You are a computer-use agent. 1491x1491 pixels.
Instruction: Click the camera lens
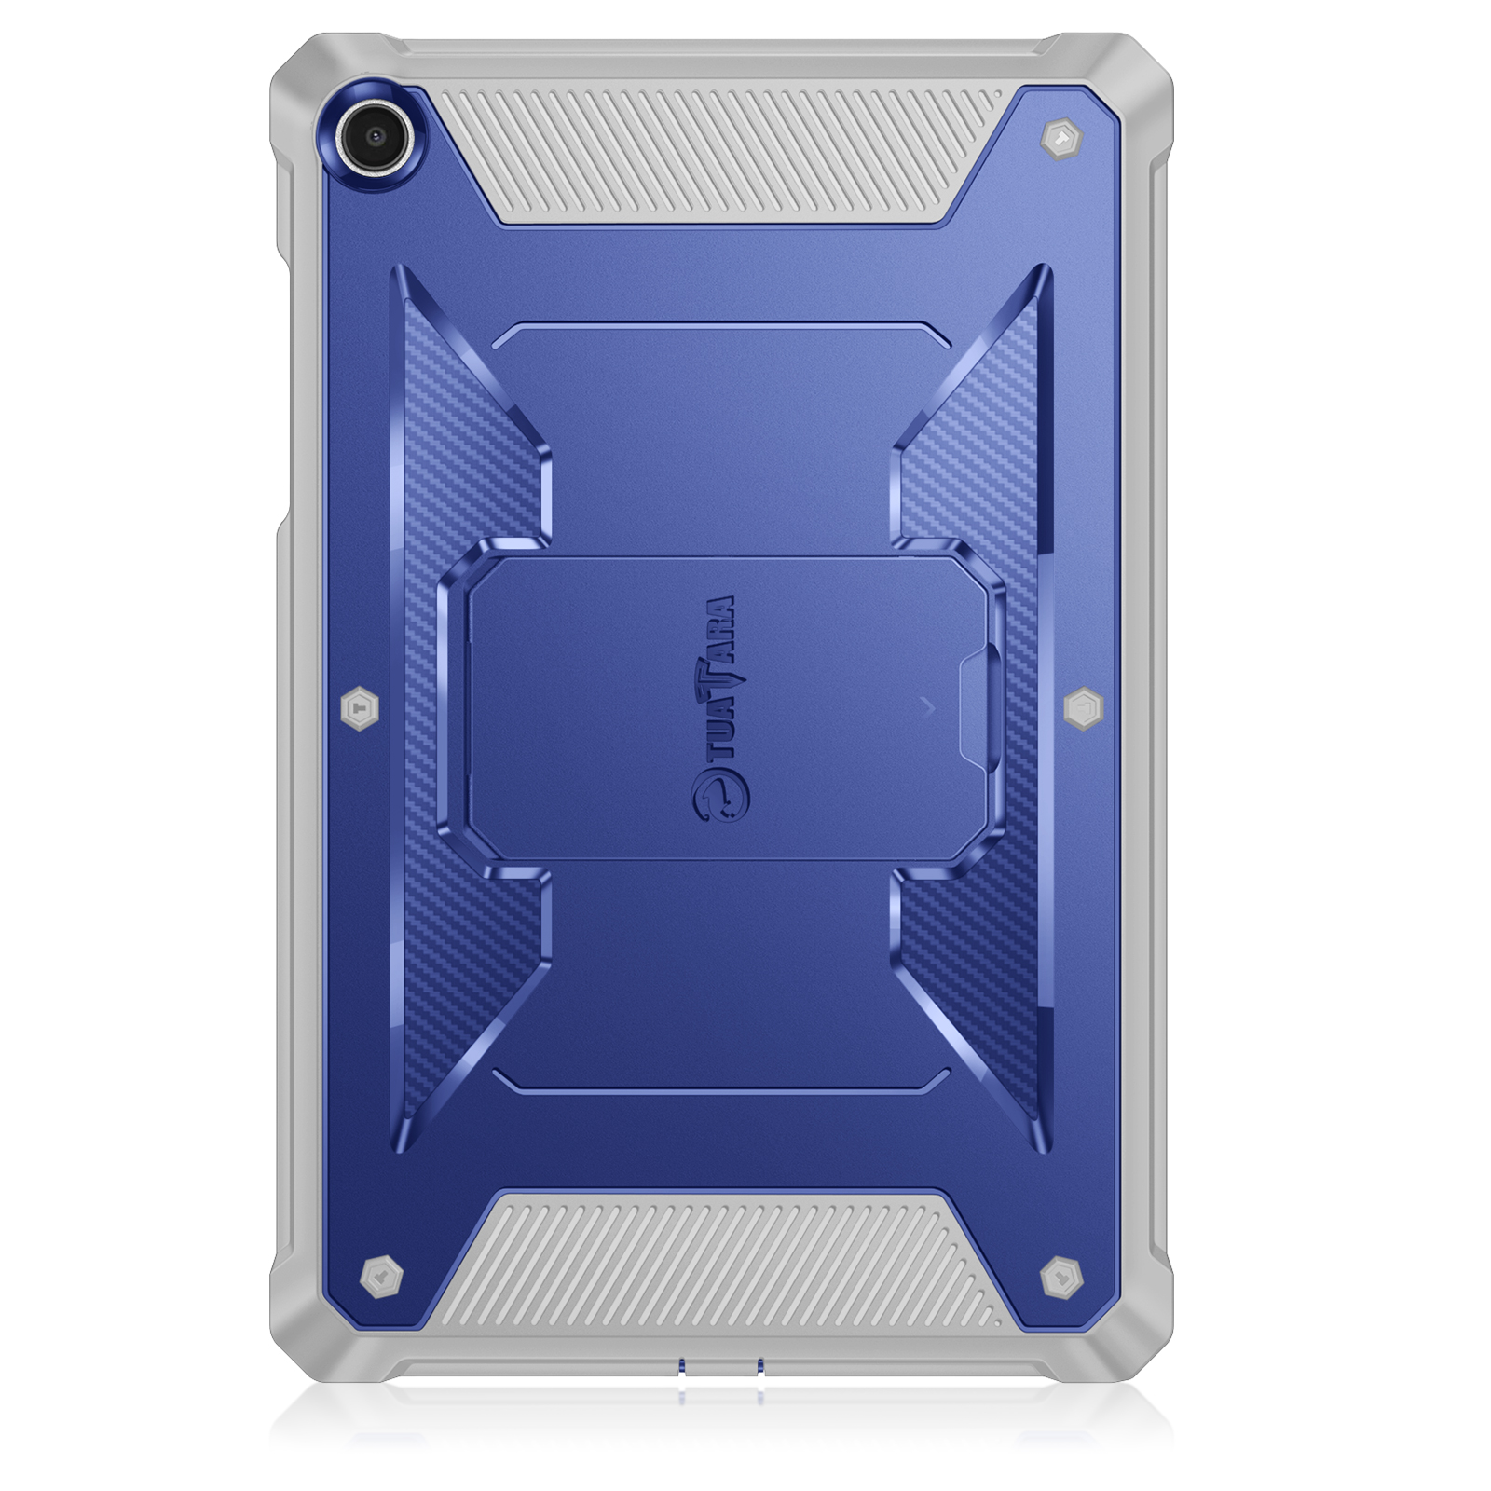point(376,136)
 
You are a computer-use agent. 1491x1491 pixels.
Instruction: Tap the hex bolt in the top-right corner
point(1060,140)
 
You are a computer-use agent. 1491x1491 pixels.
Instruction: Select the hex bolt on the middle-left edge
point(360,709)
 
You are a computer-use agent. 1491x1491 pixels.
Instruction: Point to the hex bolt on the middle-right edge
point(1083,708)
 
